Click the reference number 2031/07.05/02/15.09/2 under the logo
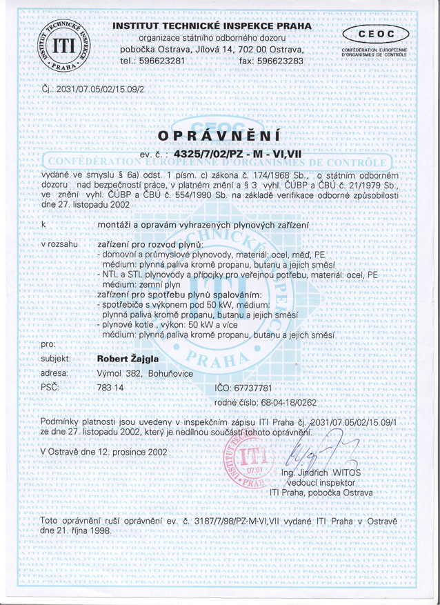90,89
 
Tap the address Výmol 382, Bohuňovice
145,373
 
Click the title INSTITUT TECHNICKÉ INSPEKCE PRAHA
212,26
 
